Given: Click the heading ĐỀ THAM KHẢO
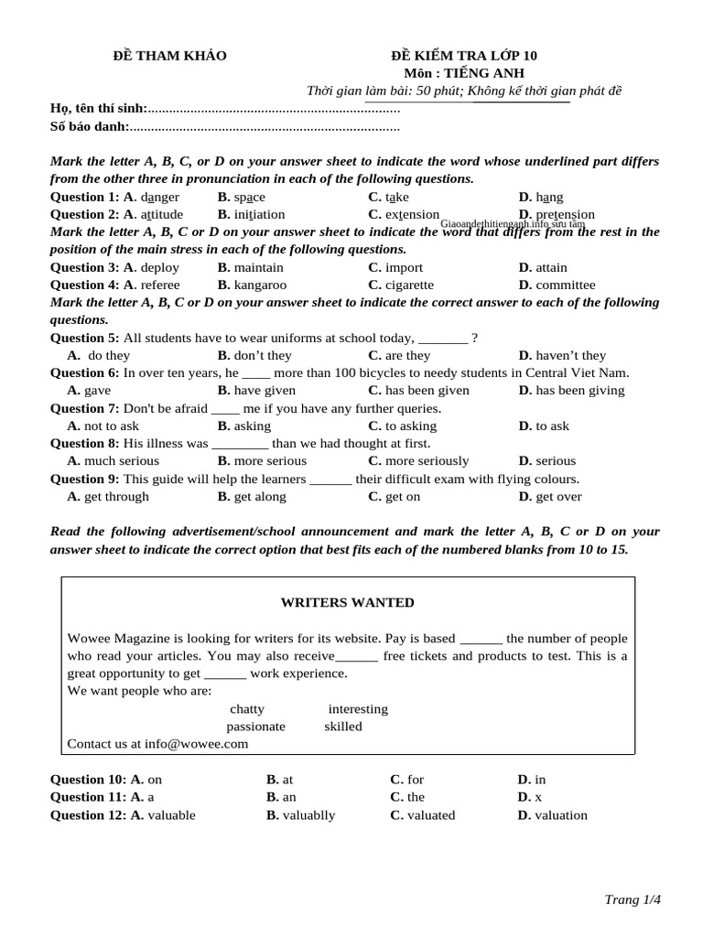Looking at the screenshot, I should (168, 56).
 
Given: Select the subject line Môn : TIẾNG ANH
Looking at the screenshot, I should (459, 73).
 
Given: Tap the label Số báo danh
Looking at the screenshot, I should (90, 126).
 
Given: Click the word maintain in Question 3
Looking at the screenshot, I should (258, 267).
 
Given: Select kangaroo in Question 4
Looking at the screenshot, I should (264, 285).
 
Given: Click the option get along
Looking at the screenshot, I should (260, 496).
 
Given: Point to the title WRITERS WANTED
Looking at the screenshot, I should (347, 602).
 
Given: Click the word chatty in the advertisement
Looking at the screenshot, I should (247, 708).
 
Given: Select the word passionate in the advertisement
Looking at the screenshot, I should (255, 726).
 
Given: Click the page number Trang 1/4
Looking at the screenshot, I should (633, 899).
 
